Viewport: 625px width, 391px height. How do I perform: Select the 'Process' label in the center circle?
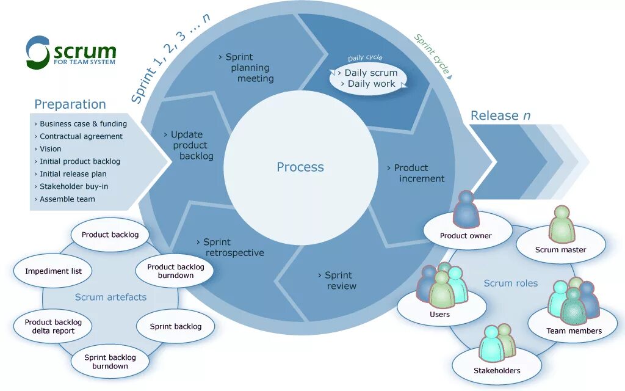[300, 167]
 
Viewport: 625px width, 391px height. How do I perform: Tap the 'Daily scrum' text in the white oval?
[371, 73]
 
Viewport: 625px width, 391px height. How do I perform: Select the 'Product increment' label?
[417, 173]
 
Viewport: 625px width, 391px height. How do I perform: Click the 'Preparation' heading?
[70, 104]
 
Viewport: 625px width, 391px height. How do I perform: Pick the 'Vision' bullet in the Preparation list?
[50, 148]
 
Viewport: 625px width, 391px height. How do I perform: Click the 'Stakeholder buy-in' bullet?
[73, 186]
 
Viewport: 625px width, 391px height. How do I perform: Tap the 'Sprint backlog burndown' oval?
[110, 362]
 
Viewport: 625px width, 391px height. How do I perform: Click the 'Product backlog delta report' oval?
[53, 326]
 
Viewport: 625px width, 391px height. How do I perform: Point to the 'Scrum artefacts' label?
[110, 298]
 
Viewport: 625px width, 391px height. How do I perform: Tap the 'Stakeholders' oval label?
[497, 370]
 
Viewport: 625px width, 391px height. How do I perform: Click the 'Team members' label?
[574, 331]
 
